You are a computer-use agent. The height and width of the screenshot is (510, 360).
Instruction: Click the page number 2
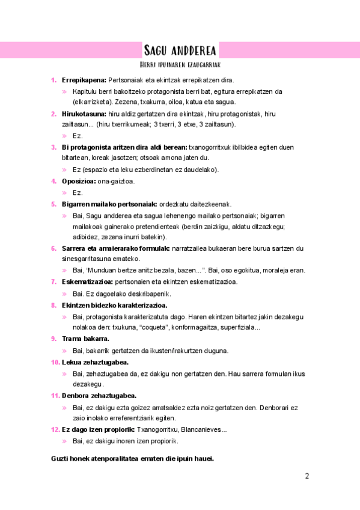307,477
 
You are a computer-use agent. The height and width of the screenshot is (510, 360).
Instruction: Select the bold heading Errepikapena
84,80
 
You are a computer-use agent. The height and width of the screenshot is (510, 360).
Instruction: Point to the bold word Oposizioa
79,181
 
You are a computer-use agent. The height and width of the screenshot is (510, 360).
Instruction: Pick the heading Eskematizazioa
87,282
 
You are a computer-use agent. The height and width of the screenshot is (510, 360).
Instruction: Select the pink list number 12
55,430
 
